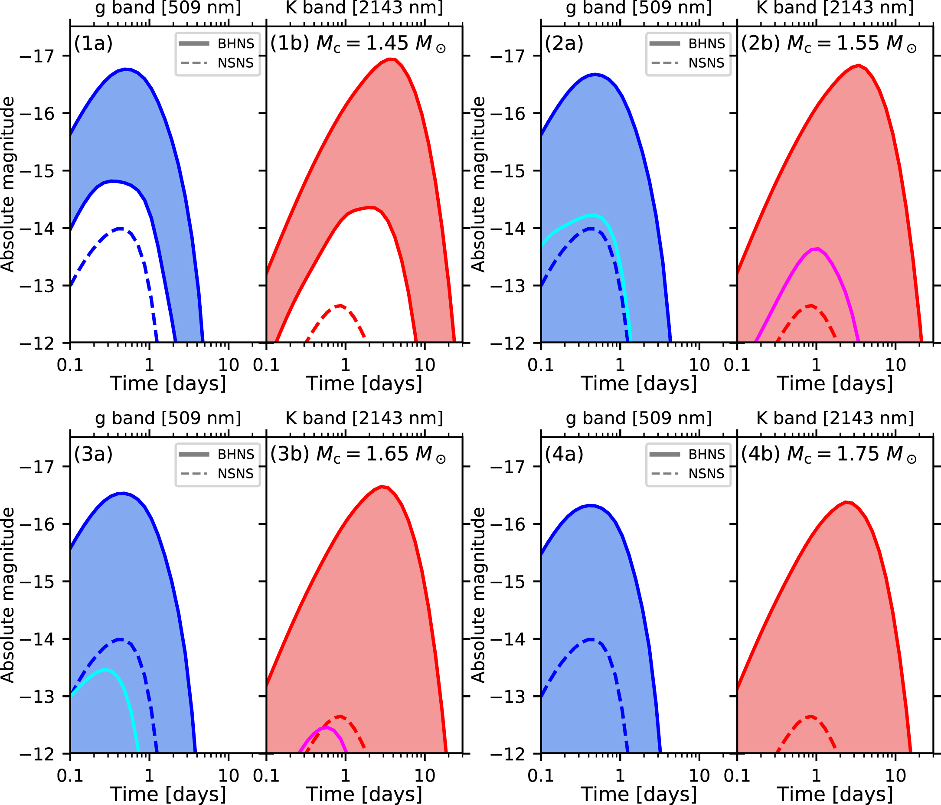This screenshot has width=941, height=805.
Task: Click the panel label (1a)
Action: point(93,44)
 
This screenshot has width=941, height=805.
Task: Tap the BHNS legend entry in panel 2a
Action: point(688,44)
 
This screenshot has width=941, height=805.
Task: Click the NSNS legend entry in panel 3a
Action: point(217,474)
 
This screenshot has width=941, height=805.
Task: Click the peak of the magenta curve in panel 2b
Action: point(817,249)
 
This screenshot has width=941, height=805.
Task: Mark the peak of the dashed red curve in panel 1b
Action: point(340,306)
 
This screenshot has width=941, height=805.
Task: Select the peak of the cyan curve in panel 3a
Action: point(105,670)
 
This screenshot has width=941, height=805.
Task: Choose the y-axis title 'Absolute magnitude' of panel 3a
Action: point(8,596)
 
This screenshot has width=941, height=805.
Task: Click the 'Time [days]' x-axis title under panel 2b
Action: point(835,384)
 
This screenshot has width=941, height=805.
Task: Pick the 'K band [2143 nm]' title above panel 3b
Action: point(364,418)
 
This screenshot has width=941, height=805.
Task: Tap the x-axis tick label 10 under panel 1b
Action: point(425,365)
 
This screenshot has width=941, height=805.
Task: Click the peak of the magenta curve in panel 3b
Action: point(325,727)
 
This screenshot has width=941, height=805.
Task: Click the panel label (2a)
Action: point(564,44)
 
